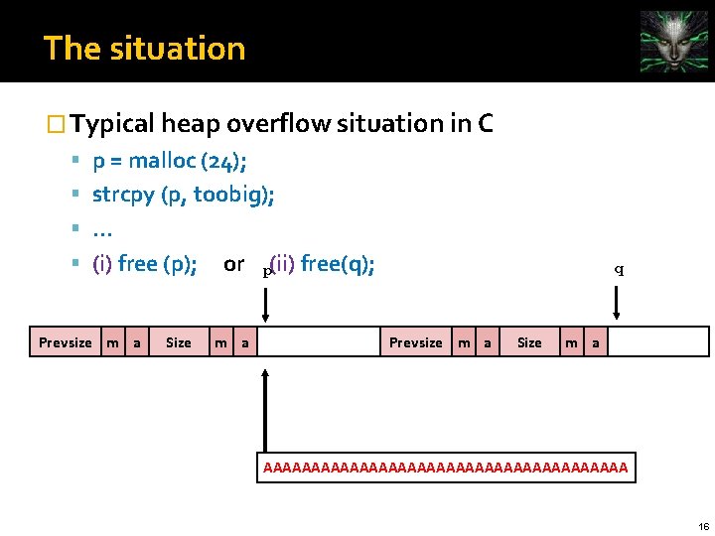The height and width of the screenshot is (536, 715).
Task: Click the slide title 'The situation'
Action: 144,48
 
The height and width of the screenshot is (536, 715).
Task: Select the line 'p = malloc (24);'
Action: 170,162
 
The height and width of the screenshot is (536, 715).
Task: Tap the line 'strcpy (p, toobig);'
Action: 184,195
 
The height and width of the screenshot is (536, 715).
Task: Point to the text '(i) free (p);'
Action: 144,264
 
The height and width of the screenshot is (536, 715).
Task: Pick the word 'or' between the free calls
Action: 234,264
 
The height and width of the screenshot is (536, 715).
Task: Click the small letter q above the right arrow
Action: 619,269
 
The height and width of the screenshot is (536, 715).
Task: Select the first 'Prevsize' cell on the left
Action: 65,342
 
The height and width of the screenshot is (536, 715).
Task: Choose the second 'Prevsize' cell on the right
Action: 415,342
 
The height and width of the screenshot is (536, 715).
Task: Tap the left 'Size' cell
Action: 179,342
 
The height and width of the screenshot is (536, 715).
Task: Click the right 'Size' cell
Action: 529,342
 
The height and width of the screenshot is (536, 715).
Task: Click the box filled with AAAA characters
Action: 446,466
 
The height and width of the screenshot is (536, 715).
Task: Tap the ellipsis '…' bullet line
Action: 101,230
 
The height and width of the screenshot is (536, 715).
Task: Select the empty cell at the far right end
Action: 658,342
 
